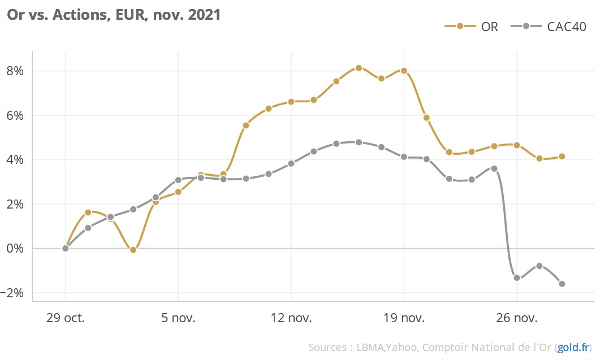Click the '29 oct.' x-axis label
pos(66,318)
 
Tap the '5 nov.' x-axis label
pos(178,318)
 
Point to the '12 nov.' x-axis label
pos(291,318)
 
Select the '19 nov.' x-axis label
pos(404,318)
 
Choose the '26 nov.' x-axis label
pos(516,318)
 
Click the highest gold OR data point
pos(359,68)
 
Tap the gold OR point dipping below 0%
pos(133,249)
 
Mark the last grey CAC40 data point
pos(562,284)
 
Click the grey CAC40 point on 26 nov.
pos(517,277)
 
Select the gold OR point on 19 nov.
pos(404,71)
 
